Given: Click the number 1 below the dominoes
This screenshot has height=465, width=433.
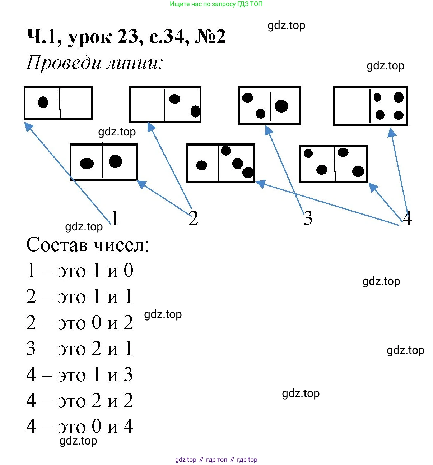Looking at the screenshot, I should (115, 218).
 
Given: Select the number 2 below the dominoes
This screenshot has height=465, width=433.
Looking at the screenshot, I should (193, 218).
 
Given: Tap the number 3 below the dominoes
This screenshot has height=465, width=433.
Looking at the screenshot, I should (308, 218).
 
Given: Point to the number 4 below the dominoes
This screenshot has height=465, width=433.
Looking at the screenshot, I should (407, 218).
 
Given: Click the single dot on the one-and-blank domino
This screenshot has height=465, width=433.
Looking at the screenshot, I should (43, 102).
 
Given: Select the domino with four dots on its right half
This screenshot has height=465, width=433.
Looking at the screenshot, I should (370, 106).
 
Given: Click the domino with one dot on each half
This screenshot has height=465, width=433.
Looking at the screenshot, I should (103, 162).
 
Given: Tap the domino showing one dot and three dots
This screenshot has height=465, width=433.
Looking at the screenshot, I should (220, 163).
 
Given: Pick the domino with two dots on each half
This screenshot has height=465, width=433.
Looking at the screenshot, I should (333, 164).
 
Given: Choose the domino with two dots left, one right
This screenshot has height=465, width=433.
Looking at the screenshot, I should (269, 106).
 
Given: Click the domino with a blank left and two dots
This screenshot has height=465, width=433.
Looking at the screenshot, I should (165, 104).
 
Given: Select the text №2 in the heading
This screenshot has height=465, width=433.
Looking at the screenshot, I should (210, 37).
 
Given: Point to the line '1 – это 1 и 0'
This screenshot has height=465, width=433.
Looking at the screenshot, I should (80, 271).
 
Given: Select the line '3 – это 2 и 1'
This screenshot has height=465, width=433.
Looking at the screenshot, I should (80, 349).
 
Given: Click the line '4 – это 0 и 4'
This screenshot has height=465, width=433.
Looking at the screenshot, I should (80, 427).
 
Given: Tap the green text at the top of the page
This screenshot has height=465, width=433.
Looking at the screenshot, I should (216, 4).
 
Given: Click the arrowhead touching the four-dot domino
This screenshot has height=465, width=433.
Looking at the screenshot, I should (391, 133).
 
